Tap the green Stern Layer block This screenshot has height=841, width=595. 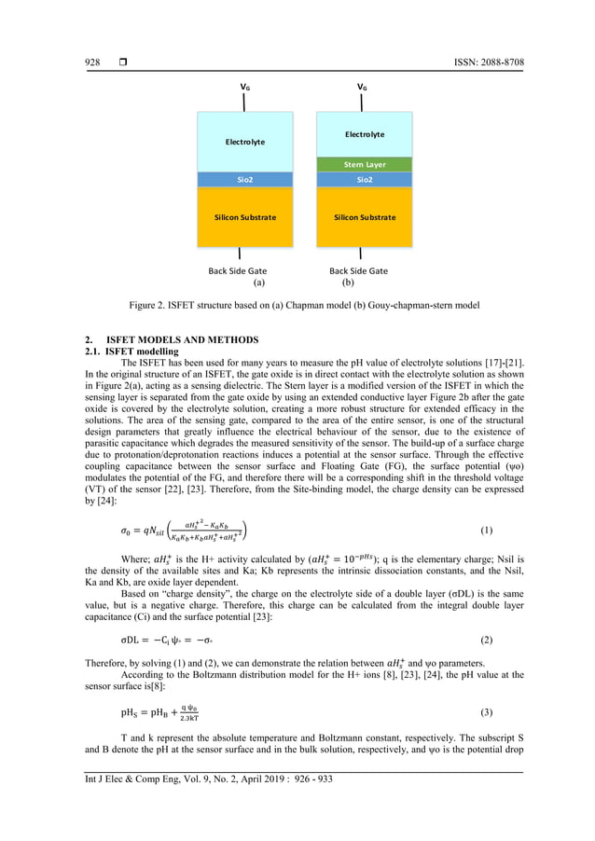point(365,164)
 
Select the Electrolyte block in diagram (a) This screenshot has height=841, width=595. point(245,142)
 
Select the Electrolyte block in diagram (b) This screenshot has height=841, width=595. point(365,134)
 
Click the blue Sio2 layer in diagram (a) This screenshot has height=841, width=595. point(245,179)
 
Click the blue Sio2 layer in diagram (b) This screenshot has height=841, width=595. point(365,179)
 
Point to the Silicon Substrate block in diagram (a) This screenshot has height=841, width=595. point(245,216)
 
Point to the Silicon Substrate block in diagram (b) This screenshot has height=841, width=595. point(365,216)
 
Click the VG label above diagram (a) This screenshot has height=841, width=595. point(245,87)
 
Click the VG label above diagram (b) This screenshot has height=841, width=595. point(362,87)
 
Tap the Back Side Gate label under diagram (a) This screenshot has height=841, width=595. point(238,270)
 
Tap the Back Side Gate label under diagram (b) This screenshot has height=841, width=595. point(358,270)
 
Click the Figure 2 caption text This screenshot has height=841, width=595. point(297,304)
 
